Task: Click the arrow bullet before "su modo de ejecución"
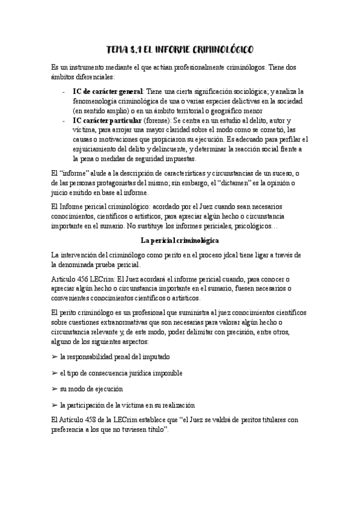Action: pyautogui.click(x=55, y=389)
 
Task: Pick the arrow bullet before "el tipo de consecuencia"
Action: pyautogui.click(x=55, y=373)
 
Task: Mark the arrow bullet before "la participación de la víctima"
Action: pyautogui.click(x=55, y=405)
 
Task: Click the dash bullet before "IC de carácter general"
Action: pyautogui.click(x=64, y=91)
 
